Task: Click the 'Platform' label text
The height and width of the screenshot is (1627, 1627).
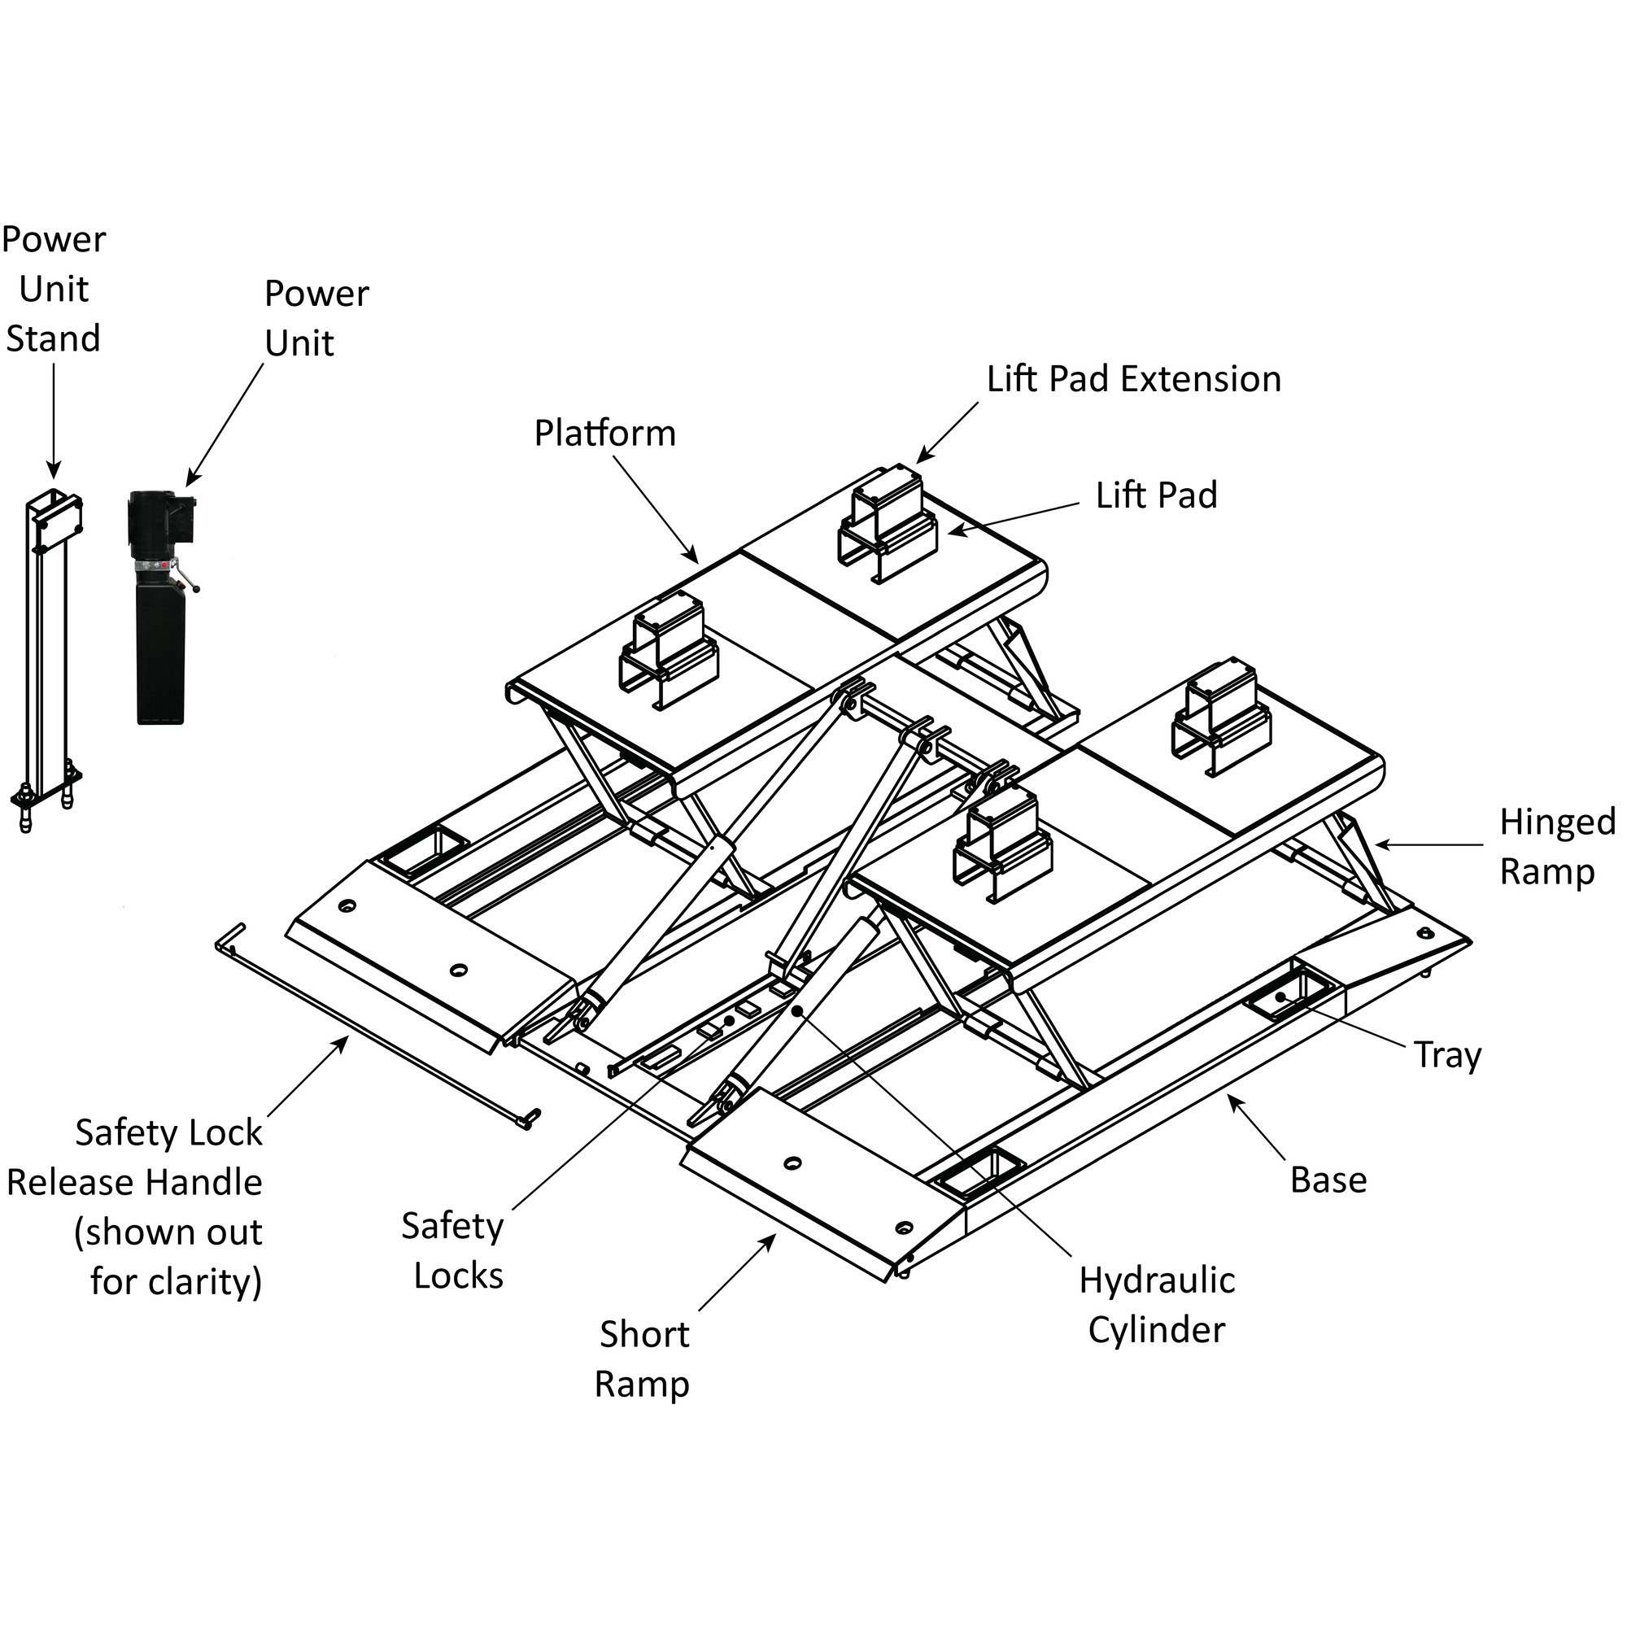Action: (x=604, y=434)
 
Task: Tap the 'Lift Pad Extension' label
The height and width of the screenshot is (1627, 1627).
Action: (x=1133, y=380)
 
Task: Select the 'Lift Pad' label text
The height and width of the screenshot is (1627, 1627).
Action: (x=1156, y=495)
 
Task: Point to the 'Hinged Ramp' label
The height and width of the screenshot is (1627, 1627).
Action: (x=1556, y=846)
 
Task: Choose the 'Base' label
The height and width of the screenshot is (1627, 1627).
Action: (x=1328, y=1180)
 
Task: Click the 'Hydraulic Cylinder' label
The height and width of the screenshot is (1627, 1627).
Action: (x=1156, y=1306)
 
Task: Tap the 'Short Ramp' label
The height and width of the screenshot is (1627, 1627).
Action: (x=643, y=1359)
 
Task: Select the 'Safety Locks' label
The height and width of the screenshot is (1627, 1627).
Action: (x=454, y=1250)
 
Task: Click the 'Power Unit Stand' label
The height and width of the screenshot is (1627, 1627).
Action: (x=53, y=289)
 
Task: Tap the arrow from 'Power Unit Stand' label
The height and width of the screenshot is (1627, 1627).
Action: (x=53, y=421)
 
